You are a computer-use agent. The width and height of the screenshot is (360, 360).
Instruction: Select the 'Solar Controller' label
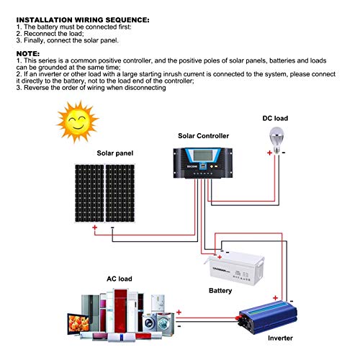203,135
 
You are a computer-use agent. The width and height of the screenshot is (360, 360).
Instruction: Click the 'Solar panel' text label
115,153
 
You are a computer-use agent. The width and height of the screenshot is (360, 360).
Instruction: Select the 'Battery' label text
220,291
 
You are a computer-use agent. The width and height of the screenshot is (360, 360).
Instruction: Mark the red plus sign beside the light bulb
269,153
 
